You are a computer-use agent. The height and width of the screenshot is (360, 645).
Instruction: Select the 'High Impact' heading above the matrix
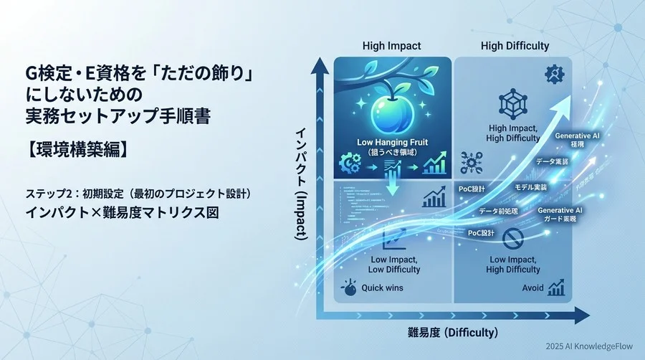pos(392,46)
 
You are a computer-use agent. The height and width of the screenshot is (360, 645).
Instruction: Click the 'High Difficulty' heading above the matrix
pos(515,46)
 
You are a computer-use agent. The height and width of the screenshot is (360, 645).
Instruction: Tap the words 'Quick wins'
pos(383,288)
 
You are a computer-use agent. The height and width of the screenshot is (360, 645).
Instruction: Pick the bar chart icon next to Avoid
pos(556,288)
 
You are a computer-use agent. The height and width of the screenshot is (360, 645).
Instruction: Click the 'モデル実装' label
pos(532,186)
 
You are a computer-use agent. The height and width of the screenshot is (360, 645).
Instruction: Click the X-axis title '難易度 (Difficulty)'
pos(451,332)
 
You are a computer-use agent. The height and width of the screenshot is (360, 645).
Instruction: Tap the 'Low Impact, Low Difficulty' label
pos(392,264)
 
